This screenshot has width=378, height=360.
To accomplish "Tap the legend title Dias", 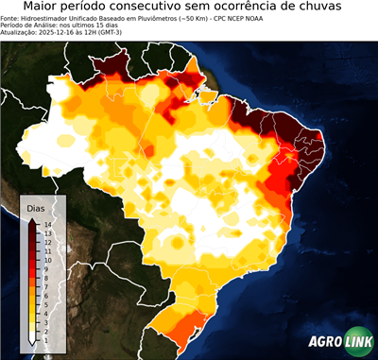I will click(x=36, y=207).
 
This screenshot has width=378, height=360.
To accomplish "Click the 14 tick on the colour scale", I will click(x=46, y=224).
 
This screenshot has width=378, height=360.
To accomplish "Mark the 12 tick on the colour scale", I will click(x=46, y=242).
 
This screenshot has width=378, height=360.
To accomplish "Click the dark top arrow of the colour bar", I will click(x=33, y=221).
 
